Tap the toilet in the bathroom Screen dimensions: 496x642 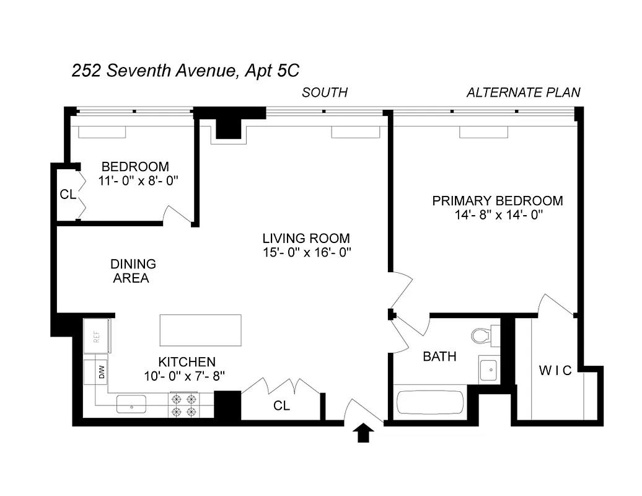pos(482,336)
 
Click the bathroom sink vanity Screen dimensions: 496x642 pos(490,370)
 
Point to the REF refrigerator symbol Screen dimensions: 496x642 pos(97,336)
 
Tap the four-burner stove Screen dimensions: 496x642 pos(184,405)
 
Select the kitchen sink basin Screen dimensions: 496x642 pos(131,404)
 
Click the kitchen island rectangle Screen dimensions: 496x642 pos(200,330)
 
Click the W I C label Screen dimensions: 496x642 pos(555,371)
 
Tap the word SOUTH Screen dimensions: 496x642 pos(325,93)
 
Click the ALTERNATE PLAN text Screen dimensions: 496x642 pos(523,93)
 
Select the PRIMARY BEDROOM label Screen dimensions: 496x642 pos(498,201)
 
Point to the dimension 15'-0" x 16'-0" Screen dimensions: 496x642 pos(306,252)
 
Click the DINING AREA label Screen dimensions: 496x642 pos(133,271)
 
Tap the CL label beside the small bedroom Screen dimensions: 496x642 pos(68,194)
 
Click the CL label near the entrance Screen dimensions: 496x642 pos(282,406)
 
